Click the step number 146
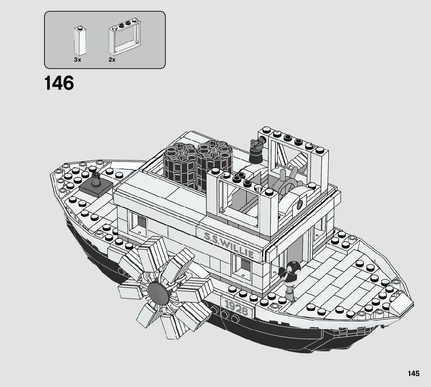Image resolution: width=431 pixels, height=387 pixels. point(59,83)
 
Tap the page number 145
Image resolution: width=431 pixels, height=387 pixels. point(414,374)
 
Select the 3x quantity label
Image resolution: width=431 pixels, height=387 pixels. point(77,60)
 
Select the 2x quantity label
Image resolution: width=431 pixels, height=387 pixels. point(112,60)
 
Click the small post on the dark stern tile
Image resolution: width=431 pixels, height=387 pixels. point(95,180)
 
